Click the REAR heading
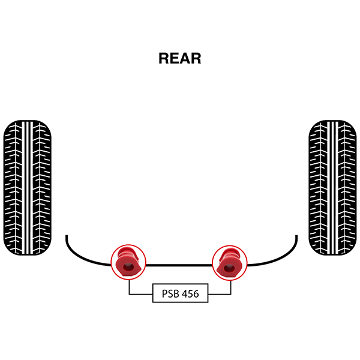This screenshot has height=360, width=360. pos(179,58)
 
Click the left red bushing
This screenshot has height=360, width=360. pos(127,262)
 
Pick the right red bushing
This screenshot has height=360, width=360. pos(229,262)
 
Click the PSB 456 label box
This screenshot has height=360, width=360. pos(180,294)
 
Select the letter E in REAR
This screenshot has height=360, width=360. pos(173,58)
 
